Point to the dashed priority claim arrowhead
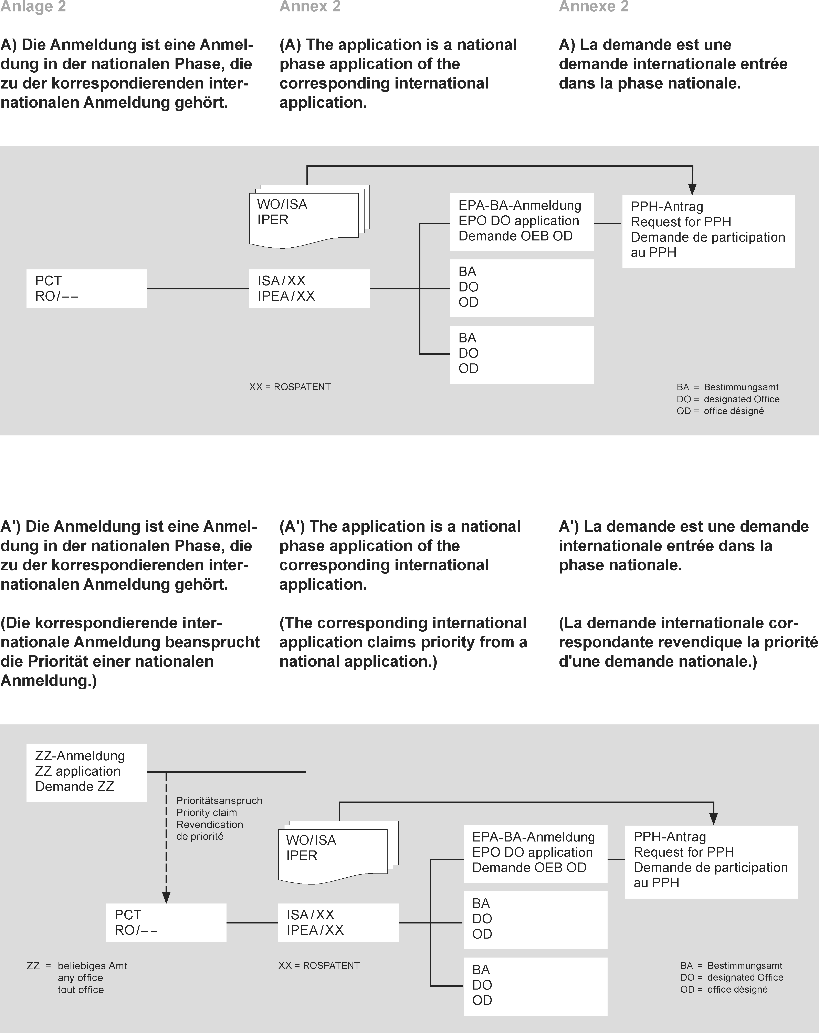(166, 897)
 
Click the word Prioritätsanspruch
(219, 801)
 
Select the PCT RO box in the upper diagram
(86, 288)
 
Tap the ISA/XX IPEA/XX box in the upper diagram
(309, 288)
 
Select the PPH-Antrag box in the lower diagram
(711, 861)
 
